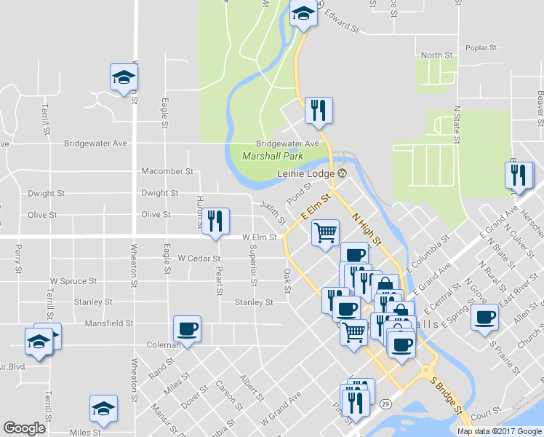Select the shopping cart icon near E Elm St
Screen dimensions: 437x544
[325, 233]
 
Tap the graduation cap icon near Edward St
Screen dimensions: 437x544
[303, 13]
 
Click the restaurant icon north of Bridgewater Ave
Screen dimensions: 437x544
[319, 111]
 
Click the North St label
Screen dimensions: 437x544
[436, 55]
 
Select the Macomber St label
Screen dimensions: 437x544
[168, 172]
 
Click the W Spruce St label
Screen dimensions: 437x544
[73, 280]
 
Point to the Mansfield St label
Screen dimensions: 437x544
[110, 323]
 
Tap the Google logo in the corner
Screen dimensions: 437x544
[24, 428]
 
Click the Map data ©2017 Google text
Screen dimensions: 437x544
[500, 431]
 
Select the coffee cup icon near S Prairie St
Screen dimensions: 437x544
[484, 318]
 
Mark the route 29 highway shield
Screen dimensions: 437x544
[385, 403]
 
